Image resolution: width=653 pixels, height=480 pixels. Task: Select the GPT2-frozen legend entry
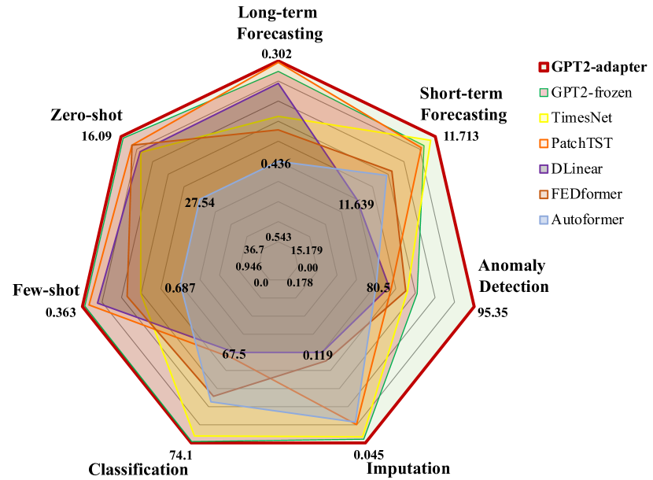[x=590, y=92]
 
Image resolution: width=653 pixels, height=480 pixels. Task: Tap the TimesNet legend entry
[x=581, y=118]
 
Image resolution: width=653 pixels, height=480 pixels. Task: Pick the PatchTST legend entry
[x=581, y=143]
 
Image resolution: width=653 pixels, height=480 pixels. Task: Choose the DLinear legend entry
[x=578, y=168]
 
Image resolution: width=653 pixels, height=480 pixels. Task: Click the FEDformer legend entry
[x=585, y=194]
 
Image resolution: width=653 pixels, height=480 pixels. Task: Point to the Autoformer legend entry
[x=588, y=219]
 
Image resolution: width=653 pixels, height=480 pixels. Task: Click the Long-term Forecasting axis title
[x=281, y=24]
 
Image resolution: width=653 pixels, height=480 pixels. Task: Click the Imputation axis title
[x=408, y=469]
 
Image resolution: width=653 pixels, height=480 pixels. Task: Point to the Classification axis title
[x=138, y=470]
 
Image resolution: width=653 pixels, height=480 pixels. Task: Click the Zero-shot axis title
[x=83, y=116]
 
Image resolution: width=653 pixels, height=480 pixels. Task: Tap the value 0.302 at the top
[x=277, y=54]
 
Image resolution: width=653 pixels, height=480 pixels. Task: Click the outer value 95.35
[x=493, y=312]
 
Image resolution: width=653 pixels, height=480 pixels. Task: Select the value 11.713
[x=461, y=135]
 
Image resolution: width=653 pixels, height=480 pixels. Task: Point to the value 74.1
[x=181, y=456]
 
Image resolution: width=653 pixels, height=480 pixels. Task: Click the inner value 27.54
[x=201, y=203]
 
